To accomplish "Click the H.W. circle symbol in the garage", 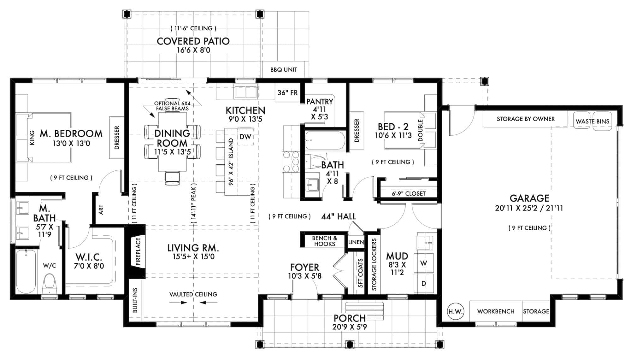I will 455,312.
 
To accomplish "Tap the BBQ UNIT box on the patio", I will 284,69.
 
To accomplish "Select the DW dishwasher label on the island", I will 245,137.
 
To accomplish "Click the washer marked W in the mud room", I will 423,263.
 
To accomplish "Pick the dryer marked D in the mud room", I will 423,284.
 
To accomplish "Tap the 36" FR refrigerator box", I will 287,93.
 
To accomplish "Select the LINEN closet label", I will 356,242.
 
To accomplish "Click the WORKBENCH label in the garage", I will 496,311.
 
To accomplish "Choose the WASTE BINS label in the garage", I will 592,121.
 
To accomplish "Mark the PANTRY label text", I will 320,102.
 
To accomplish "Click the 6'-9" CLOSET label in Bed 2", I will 409,193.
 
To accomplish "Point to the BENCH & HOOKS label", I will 324,241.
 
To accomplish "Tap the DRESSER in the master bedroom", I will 117,138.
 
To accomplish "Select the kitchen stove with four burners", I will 291,162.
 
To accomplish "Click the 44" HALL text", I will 339,216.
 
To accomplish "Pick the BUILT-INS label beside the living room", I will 135,300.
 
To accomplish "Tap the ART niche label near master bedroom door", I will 101,210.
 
